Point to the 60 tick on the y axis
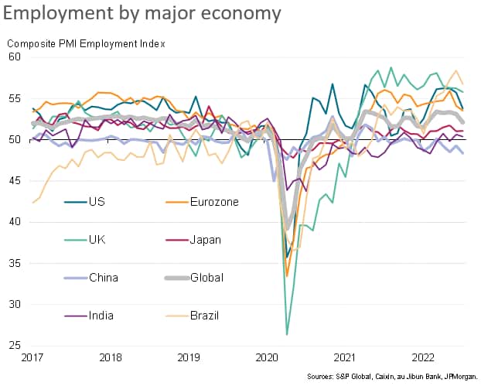click(x=15, y=57)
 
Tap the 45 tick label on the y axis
click(x=15, y=181)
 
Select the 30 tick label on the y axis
click(x=15, y=304)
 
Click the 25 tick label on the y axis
click(x=15, y=345)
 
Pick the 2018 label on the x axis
click(x=111, y=357)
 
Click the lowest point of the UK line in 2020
click(x=287, y=334)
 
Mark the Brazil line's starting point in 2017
click(x=33, y=203)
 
